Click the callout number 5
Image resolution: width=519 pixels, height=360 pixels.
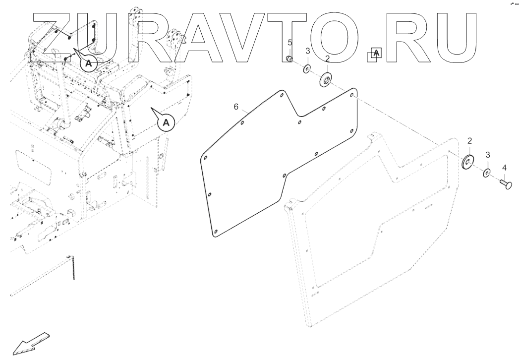[x=290, y=43]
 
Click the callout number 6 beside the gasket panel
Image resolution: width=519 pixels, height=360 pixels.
[x=236, y=106]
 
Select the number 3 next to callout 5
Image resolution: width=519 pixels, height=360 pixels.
[x=307, y=51]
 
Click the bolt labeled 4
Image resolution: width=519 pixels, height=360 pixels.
[x=505, y=184]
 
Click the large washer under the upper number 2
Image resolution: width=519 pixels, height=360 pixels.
[x=326, y=79]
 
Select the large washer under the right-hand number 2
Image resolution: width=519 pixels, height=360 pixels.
[x=468, y=162]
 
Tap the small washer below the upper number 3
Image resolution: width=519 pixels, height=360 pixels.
[x=307, y=68]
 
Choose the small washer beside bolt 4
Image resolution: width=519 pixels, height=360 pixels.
[x=487, y=173]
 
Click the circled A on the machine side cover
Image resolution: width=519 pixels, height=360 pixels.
[x=167, y=122]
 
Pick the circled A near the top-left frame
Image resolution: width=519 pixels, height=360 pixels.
[x=88, y=63]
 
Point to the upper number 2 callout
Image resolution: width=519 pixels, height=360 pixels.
[x=327, y=59]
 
